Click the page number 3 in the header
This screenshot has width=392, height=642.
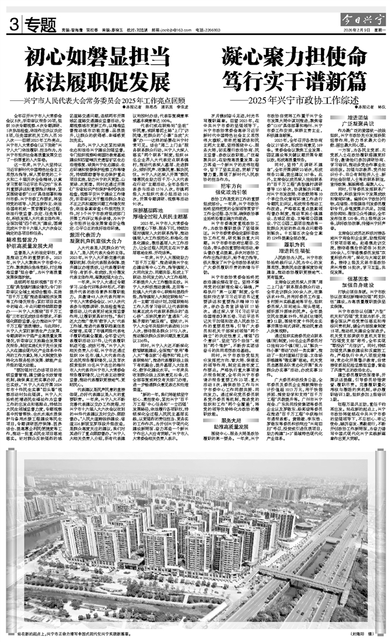[x=13, y=25]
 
